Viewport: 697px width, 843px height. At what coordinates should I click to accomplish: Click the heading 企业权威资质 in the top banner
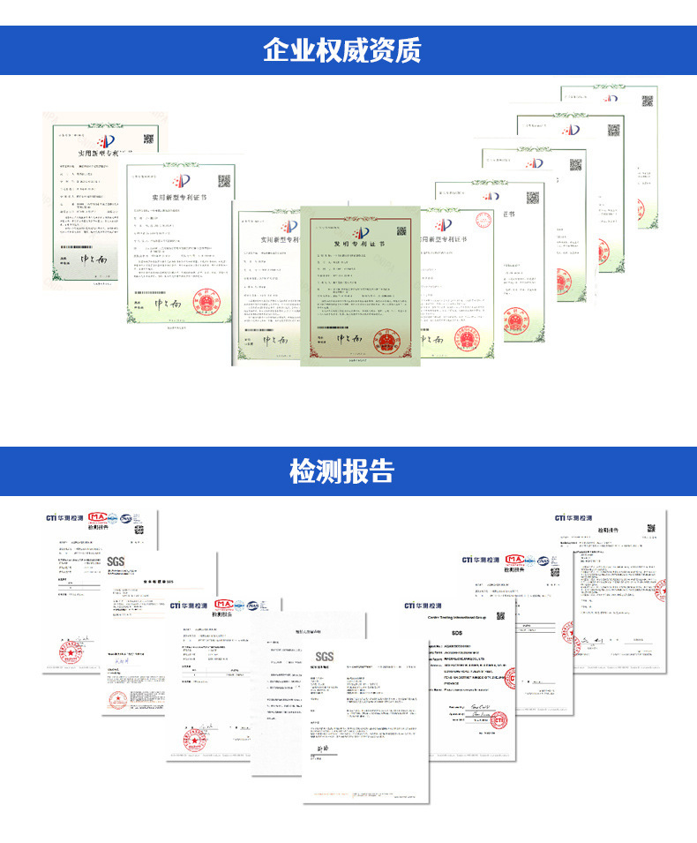348,49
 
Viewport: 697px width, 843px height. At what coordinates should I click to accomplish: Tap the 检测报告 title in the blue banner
348,470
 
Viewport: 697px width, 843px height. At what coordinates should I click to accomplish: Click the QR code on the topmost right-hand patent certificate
647,100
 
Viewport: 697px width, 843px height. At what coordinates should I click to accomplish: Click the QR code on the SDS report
499,616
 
